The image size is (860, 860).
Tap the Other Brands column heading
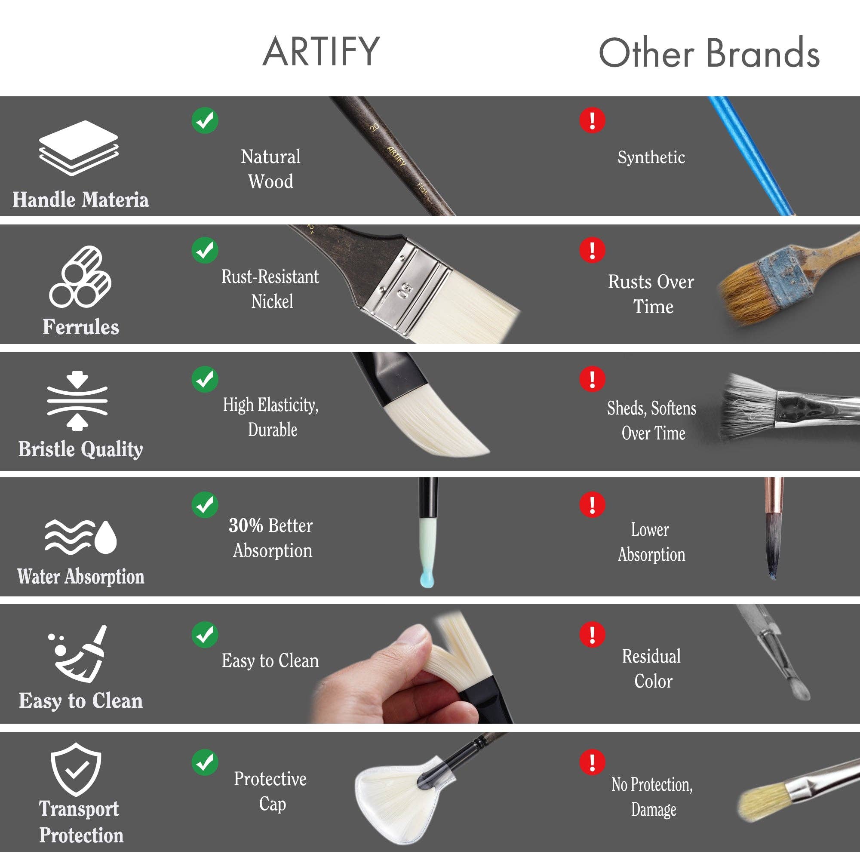click(x=709, y=53)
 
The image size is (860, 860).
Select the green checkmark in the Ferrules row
click(x=205, y=250)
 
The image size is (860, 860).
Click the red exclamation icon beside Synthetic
click(x=592, y=120)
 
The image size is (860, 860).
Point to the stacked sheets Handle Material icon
click(x=79, y=148)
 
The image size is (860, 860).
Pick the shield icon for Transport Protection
click(x=76, y=770)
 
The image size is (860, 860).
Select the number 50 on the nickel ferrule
click(x=405, y=290)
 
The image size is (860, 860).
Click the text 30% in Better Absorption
click(x=246, y=526)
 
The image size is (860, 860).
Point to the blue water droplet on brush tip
click(x=427, y=580)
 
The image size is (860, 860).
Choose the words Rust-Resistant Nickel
click(x=270, y=289)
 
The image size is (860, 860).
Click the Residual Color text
click(x=652, y=669)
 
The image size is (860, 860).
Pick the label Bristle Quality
click(x=80, y=448)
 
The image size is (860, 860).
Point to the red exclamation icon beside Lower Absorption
click(x=592, y=505)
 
